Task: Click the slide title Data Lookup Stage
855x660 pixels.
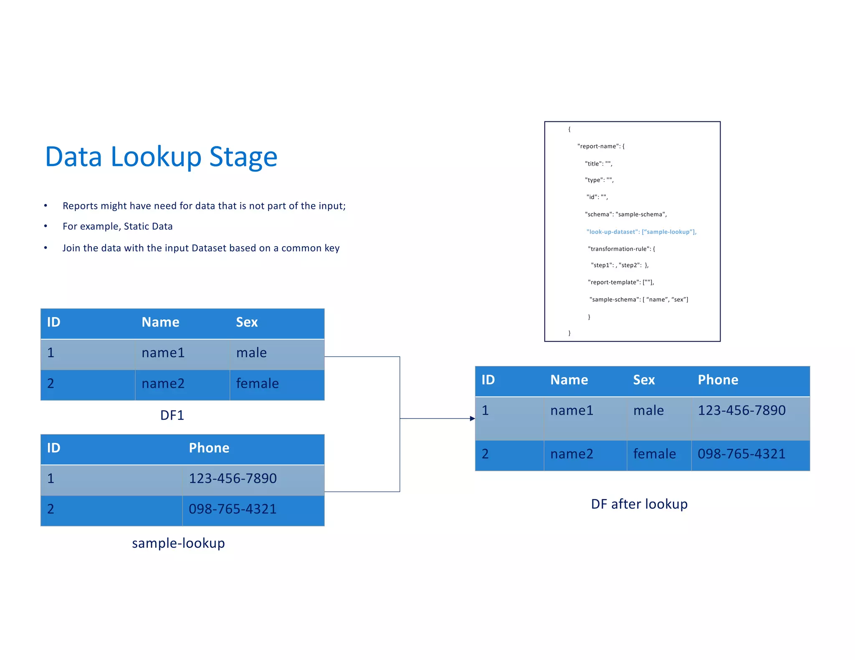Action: pyautogui.click(x=161, y=157)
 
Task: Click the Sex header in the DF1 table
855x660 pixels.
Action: pyautogui.click(x=247, y=322)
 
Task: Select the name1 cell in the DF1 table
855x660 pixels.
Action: pyautogui.click(x=163, y=353)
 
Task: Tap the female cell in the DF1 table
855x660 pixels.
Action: pyautogui.click(x=257, y=383)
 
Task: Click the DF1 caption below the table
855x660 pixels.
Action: pyautogui.click(x=172, y=415)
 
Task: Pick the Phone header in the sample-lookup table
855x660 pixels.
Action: pyautogui.click(x=209, y=448)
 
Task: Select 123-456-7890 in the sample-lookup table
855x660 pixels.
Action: pyautogui.click(x=233, y=479)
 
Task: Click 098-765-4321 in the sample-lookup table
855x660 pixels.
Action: pyautogui.click(x=233, y=509)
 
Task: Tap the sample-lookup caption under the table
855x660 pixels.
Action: pyautogui.click(x=178, y=543)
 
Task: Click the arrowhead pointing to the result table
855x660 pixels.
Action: pyautogui.click(x=472, y=418)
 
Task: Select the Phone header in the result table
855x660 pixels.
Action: pyautogui.click(x=718, y=380)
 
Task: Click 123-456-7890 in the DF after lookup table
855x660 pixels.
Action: pyautogui.click(x=741, y=411)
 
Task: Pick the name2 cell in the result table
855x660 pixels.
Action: pyautogui.click(x=572, y=454)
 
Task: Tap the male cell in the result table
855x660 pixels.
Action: pyautogui.click(x=648, y=411)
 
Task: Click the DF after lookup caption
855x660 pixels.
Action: pyautogui.click(x=639, y=504)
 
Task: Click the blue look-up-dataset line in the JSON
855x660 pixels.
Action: pyautogui.click(x=641, y=232)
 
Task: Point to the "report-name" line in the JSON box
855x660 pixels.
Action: pyautogui.click(x=601, y=146)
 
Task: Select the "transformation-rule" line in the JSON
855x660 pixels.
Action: pyautogui.click(x=621, y=249)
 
